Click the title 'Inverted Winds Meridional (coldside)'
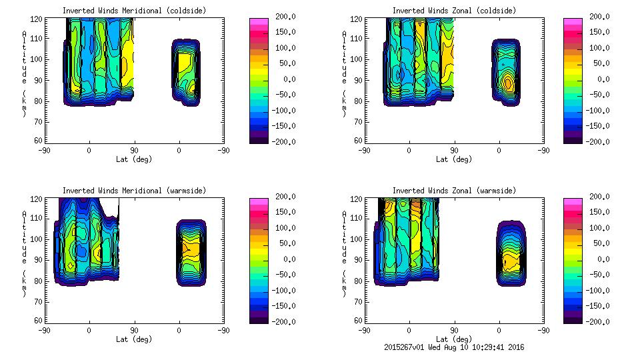(x=135, y=11)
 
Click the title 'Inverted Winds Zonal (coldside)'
(x=454, y=11)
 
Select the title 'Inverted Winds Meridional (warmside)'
(x=135, y=191)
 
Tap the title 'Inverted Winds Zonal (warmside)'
(x=454, y=191)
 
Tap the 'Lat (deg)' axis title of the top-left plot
(x=135, y=159)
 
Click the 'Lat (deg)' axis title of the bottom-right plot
(x=454, y=339)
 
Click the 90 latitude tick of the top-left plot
(x=134, y=150)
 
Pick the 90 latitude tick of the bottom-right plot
(x=454, y=330)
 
